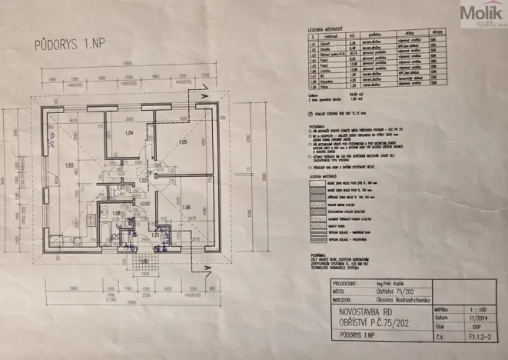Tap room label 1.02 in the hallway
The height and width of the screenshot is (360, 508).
(143, 181)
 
